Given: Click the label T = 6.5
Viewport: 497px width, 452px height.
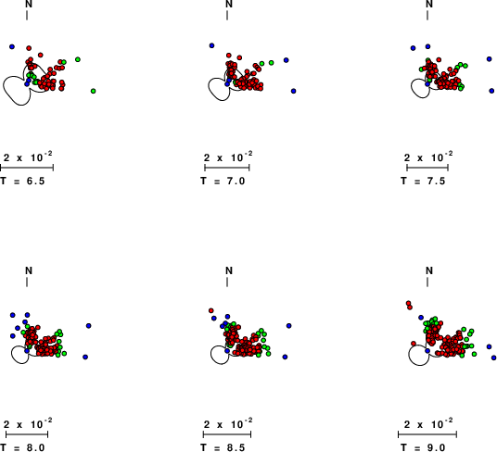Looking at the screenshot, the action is coord(22,181).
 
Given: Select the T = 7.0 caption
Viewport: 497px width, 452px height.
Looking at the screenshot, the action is coord(223,181).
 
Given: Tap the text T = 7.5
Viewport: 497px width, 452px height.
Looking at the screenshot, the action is coord(423,181).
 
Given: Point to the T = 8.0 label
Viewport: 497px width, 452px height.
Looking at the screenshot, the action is coord(22,447).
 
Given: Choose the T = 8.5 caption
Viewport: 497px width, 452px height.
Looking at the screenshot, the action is coord(223,447).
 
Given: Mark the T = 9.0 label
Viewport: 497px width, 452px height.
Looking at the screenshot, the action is coord(423,447).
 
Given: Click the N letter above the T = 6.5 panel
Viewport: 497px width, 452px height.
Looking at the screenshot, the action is coord(29,4).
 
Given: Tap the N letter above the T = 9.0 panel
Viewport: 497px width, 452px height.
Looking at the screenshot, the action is coord(429,270).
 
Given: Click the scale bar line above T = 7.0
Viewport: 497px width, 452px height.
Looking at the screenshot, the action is coord(227,168).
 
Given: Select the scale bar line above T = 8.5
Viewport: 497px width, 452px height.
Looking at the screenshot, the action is coord(227,434).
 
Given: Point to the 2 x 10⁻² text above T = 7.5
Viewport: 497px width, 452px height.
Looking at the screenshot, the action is coord(428,157).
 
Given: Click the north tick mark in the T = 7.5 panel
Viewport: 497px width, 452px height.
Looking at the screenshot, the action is coord(427,15).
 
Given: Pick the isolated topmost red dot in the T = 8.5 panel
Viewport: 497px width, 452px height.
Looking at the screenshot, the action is coord(211,310).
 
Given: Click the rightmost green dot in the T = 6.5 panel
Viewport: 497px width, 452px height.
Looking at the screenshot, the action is coord(93,91).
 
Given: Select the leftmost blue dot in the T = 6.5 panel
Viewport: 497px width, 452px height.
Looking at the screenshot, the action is coord(12,46).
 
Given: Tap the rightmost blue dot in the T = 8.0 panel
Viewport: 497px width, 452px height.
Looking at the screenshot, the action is coord(88,326).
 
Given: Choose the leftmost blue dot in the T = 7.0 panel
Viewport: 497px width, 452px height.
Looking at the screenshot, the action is coord(211,45).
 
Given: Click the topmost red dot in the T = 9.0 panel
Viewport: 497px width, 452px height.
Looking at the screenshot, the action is coord(408,303).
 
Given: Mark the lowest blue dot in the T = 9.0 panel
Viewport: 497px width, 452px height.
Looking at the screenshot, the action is coord(493,358).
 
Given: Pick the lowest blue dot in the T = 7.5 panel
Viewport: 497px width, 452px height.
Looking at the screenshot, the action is coord(491,91).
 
